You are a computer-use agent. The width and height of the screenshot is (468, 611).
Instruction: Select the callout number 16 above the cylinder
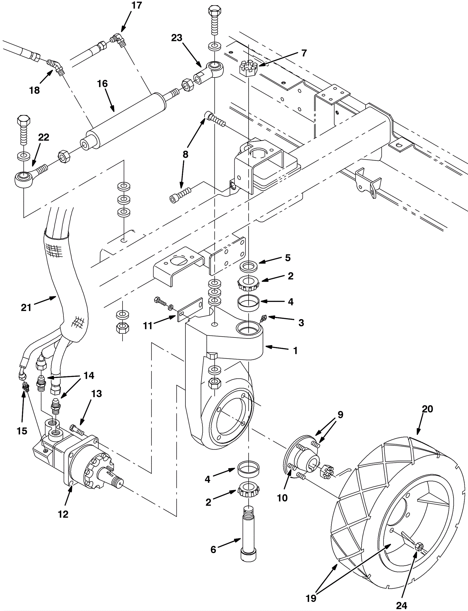click(102, 84)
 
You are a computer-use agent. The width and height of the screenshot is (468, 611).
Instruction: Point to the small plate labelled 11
click(190, 309)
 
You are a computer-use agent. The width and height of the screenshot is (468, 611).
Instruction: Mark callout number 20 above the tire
click(427, 409)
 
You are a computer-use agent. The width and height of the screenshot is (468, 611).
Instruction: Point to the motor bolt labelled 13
click(77, 430)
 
